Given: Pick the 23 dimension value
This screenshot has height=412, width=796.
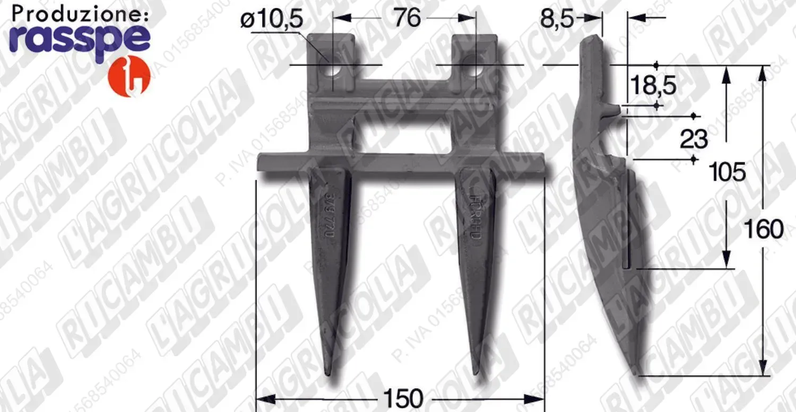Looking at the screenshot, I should click(694, 139).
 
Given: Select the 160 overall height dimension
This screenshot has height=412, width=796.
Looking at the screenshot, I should click(763, 230).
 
